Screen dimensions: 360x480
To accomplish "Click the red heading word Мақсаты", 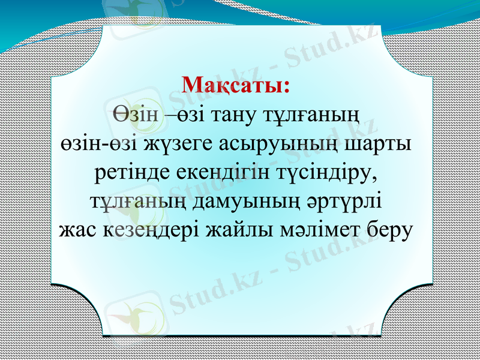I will (236, 85).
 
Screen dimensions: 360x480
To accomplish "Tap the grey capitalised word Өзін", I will (136, 114).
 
